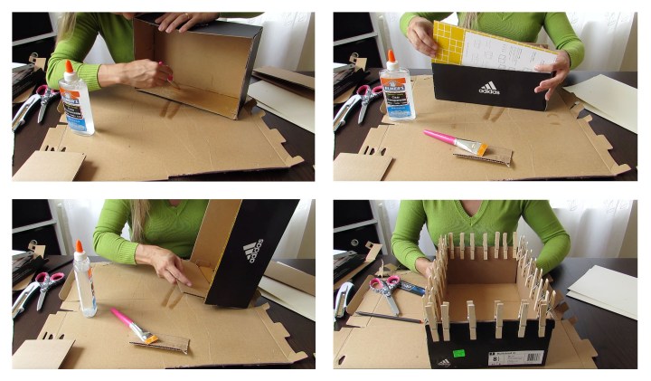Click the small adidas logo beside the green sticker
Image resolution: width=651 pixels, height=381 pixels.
click(x=443, y=362)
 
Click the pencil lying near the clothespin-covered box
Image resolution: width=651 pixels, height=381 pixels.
click(x=389, y=317)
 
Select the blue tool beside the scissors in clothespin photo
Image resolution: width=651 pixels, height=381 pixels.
click(x=410, y=289)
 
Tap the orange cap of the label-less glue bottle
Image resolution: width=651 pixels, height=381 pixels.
click(x=80, y=247)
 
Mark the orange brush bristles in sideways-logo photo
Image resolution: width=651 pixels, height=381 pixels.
click(x=144, y=338)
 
